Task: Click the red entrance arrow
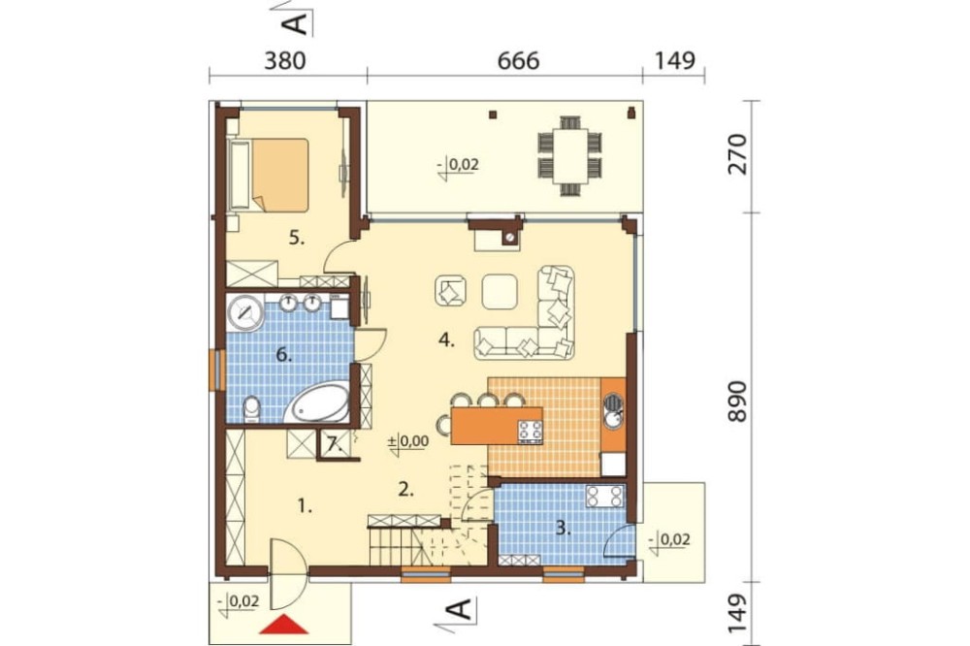tap(283, 625)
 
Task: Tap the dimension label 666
tap(518, 61)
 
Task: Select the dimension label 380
tap(285, 61)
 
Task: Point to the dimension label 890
tap(737, 403)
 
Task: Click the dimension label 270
tap(737, 154)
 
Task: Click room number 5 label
tap(297, 238)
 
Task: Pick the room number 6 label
tap(283, 355)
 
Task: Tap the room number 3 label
tap(563, 528)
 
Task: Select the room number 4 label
tap(446, 339)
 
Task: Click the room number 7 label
tap(334, 443)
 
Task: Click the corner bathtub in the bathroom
tap(318, 404)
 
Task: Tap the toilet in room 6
tap(252, 409)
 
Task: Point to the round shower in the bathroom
tap(245, 312)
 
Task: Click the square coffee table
tap(500, 291)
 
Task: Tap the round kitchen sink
tap(614, 421)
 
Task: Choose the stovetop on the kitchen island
tap(531, 432)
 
